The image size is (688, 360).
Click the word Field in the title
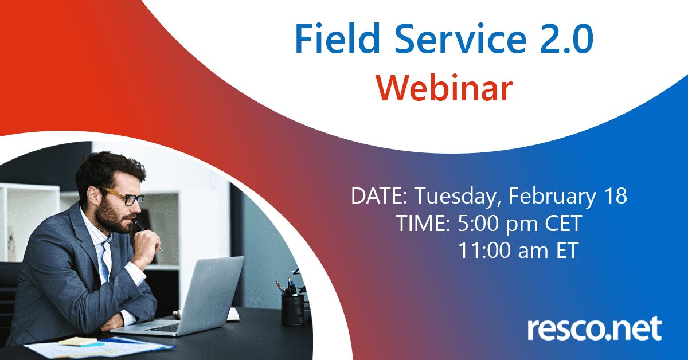337,39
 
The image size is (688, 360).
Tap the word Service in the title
460,39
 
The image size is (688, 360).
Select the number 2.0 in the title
567,40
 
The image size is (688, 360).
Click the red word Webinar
444,87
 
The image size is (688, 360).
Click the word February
552,197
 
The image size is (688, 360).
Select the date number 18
615,195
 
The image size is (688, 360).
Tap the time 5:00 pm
498,224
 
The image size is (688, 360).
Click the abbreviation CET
563,223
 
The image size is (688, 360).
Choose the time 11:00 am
503,250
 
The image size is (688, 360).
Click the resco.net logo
595,329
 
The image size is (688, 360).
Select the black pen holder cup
293,310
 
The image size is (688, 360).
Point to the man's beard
114,217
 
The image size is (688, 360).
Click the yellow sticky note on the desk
78,341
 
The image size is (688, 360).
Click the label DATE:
379,195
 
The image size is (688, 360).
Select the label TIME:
423,224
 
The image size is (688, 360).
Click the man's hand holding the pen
147,243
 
